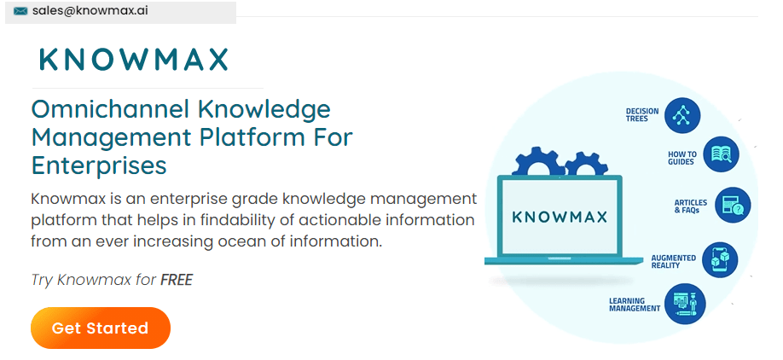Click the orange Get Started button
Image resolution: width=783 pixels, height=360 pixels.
[101, 328]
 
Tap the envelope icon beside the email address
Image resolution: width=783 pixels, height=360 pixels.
[20, 11]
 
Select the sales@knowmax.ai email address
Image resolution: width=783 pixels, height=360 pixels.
[90, 10]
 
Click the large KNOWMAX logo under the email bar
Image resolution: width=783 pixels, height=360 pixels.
[134, 60]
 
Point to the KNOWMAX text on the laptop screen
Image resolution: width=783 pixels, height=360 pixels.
[560, 217]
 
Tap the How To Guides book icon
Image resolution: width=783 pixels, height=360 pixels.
[721, 154]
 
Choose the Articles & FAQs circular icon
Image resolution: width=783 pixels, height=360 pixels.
[733, 205]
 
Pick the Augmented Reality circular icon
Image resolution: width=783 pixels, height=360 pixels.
[720, 259]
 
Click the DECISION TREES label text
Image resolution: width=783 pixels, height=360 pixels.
[642, 115]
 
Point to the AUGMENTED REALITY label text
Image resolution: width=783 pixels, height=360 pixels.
[673, 262]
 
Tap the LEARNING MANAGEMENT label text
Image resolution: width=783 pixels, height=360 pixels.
[635, 305]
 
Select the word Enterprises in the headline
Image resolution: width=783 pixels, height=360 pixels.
[99, 165]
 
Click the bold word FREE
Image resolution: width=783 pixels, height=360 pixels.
[177, 280]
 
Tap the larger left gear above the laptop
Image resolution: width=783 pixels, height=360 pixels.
[535, 162]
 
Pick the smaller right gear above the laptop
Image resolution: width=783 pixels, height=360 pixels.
[586, 165]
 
